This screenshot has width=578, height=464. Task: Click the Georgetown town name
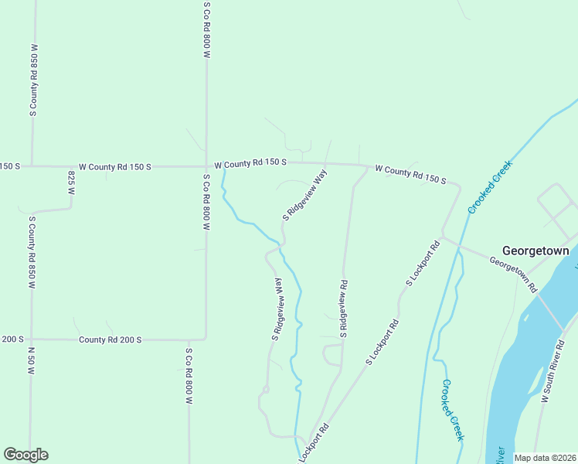(x=535, y=251)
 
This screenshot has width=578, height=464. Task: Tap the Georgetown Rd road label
(x=513, y=274)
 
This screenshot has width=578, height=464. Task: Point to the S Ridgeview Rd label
(x=342, y=309)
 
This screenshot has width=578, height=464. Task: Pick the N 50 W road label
(x=32, y=360)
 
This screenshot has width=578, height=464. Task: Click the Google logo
(x=25, y=455)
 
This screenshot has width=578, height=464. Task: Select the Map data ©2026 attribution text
(x=545, y=458)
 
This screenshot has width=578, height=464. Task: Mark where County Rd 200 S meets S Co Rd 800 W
(x=205, y=339)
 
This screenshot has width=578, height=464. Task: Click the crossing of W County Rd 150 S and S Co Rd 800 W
(x=206, y=165)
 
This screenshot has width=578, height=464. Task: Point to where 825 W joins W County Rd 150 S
(x=71, y=165)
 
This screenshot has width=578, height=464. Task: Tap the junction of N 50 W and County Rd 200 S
(x=32, y=339)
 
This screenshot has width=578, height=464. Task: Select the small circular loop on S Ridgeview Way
(x=264, y=390)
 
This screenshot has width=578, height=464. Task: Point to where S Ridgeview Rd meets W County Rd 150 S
(x=367, y=165)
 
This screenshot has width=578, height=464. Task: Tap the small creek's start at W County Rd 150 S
(x=223, y=169)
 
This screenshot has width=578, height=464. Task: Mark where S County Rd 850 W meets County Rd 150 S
(x=32, y=165)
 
